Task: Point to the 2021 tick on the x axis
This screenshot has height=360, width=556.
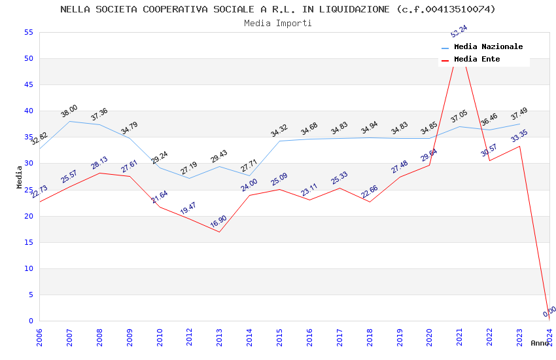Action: coord(460,333)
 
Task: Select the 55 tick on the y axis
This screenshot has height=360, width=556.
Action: coord(27,33)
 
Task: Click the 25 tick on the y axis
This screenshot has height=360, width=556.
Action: coord(27,190)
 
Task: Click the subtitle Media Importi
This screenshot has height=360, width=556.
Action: coord(278,23)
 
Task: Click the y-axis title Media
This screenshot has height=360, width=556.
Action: coord(20,177)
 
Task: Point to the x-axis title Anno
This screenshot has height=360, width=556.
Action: coord(540,343)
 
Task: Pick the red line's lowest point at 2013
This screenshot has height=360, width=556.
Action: coord(219,232)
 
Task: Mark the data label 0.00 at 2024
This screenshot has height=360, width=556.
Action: coord(549,312)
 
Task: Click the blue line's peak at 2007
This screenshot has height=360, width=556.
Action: coord(69,121)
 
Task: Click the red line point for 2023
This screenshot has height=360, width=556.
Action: coord(520,146)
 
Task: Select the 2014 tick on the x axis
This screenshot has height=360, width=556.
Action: coord(249,333)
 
